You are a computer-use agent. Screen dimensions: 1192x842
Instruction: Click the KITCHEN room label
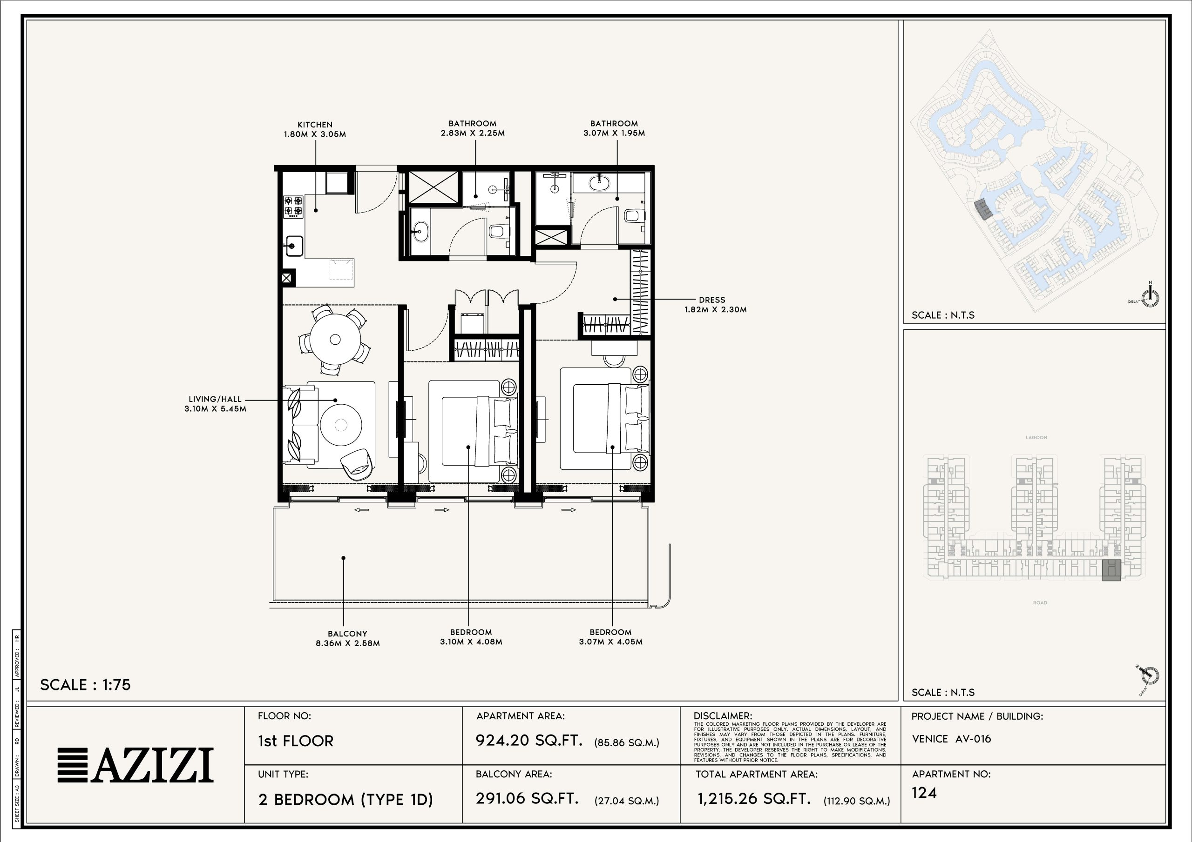315,125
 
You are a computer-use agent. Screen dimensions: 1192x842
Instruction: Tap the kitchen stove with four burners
293,206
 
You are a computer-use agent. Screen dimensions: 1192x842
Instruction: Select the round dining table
335,339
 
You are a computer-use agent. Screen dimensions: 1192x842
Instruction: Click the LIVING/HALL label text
215,399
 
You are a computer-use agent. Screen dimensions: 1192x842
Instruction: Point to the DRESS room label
712,300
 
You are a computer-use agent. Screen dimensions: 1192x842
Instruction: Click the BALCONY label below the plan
347,634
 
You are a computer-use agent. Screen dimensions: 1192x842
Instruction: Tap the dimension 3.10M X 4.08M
471,642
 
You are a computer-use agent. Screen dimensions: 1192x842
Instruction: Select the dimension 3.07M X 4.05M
610,642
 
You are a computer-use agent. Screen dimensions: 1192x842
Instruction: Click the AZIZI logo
135,765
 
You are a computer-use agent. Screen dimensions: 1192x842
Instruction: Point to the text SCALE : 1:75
85,685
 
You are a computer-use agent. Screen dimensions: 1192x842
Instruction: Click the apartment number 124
924,793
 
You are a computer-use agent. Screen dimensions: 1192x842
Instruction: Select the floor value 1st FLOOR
295,741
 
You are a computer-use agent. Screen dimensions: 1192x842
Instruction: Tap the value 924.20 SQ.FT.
529,740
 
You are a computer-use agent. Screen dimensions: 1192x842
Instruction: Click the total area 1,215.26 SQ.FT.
754,799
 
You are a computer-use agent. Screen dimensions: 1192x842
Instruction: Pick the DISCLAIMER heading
723,716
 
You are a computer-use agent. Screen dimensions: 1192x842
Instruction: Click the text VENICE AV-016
951,739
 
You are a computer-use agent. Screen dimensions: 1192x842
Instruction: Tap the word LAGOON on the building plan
1036,437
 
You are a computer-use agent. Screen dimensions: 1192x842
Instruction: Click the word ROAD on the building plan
1040,603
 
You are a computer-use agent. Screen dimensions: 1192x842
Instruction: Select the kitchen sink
294,246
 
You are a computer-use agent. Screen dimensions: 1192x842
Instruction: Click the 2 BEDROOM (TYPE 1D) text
345,800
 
